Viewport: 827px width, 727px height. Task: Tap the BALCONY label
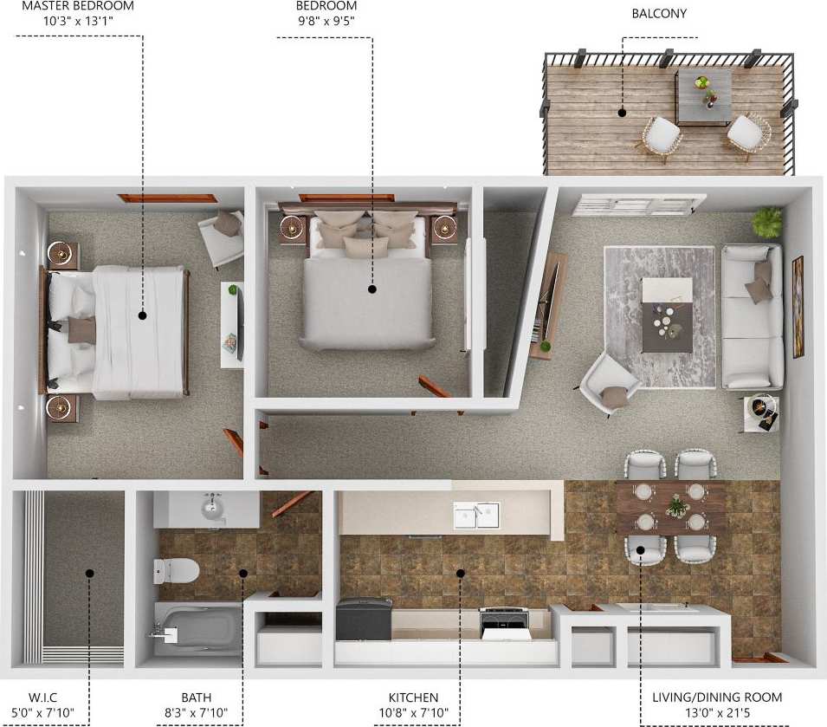[x=659, y=14]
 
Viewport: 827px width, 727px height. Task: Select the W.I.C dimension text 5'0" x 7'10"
[x=38, y=713]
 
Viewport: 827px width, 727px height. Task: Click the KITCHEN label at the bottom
[x=413, y=697]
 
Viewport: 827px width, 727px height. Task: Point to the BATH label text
[x=197, y=697]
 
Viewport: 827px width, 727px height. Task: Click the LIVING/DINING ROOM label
[x=716, y=697]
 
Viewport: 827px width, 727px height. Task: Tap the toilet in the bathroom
[x=177, y=570]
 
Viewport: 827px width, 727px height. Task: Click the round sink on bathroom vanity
[x=213, y=507]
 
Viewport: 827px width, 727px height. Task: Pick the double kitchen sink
[x=476, y=515]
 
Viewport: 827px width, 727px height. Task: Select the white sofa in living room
[x=752, y=316]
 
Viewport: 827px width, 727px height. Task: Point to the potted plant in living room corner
[x=766, y=223]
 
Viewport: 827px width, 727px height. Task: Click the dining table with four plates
[x=671, y=509]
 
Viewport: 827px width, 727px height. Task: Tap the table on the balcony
[x=703, y=94]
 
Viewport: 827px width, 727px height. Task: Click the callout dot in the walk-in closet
[x=89, y=572]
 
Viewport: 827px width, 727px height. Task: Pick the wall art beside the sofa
[x=798, y=307]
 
